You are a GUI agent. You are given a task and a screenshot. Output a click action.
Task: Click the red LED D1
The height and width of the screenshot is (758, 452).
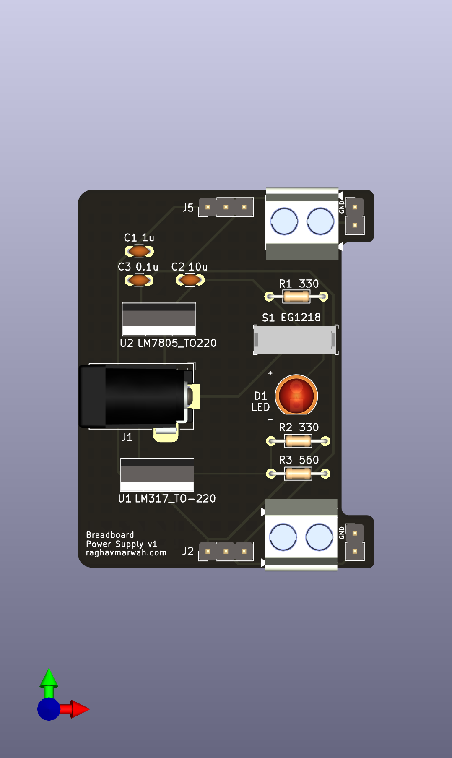coord(296,395)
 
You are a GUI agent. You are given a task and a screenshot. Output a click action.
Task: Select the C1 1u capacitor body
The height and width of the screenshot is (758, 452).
coord(139,251)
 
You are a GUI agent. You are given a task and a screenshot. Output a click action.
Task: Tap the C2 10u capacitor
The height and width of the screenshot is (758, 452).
coord(190,280)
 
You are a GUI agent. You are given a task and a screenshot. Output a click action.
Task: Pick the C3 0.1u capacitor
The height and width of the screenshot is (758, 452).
coord(139,280)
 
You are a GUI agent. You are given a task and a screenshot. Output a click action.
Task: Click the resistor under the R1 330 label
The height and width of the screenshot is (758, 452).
coord(296,297)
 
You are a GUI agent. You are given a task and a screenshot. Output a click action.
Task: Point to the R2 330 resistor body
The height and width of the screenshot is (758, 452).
coord(298,441)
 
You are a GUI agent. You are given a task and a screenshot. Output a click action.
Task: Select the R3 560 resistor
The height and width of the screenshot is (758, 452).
coord(298,474)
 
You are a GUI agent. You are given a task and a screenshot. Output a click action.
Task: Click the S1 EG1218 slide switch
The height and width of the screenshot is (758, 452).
coord(296,340)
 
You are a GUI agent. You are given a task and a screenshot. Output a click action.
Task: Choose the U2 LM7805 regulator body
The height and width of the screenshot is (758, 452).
coord(159,319)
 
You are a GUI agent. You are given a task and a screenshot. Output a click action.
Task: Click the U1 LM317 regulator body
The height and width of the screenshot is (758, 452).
coord(157,474)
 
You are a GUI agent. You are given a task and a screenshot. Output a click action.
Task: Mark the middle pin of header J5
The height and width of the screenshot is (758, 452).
coord(226,207)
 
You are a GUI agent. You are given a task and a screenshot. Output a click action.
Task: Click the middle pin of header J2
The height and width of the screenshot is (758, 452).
coord(226,551)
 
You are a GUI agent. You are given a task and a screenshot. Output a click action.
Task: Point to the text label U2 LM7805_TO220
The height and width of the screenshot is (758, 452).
coord(168,343)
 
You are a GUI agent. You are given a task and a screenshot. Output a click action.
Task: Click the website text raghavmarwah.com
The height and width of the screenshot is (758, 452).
coord(126,553)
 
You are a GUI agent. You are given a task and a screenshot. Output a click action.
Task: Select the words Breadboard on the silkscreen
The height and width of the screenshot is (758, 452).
coord(110,535)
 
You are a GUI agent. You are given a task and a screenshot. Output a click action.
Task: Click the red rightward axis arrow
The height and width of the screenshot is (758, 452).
coord(78,709)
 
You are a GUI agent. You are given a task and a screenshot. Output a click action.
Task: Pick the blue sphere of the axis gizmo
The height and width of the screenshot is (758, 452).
coord(49,709)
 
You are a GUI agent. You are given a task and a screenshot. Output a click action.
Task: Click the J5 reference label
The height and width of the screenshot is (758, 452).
coord(188,208)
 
